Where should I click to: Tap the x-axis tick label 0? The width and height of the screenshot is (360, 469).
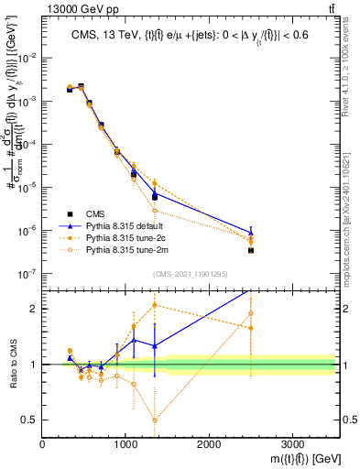click(x=42, y=445)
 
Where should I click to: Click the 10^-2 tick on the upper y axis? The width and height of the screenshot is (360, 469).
click(x=27, y=58)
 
